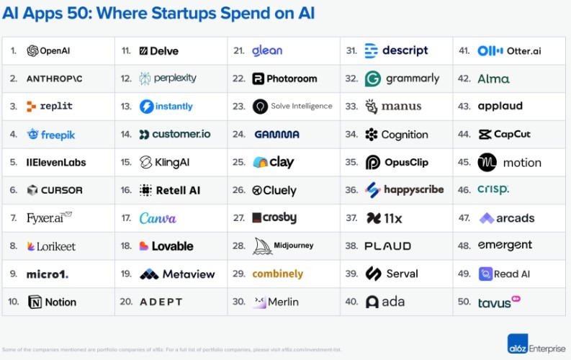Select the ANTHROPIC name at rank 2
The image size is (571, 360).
(x=54, y=78)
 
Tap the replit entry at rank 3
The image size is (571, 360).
(x=50, y=106)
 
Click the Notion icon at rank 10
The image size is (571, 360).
(x=35, y=302)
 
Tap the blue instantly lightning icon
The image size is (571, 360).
(x=146, y=106)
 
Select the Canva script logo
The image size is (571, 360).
(x=158, y=218)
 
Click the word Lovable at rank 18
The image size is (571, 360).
(x=172, y=246)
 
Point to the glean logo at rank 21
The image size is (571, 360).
(x=267, y=50)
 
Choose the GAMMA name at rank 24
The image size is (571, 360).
(x=276, y=135)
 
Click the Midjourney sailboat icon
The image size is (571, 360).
(x=262, y=246)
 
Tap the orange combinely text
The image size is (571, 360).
(x=277, y=274)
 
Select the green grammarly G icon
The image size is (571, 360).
(x=372, y=78)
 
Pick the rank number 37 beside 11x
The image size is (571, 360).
(x=351, y=218)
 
